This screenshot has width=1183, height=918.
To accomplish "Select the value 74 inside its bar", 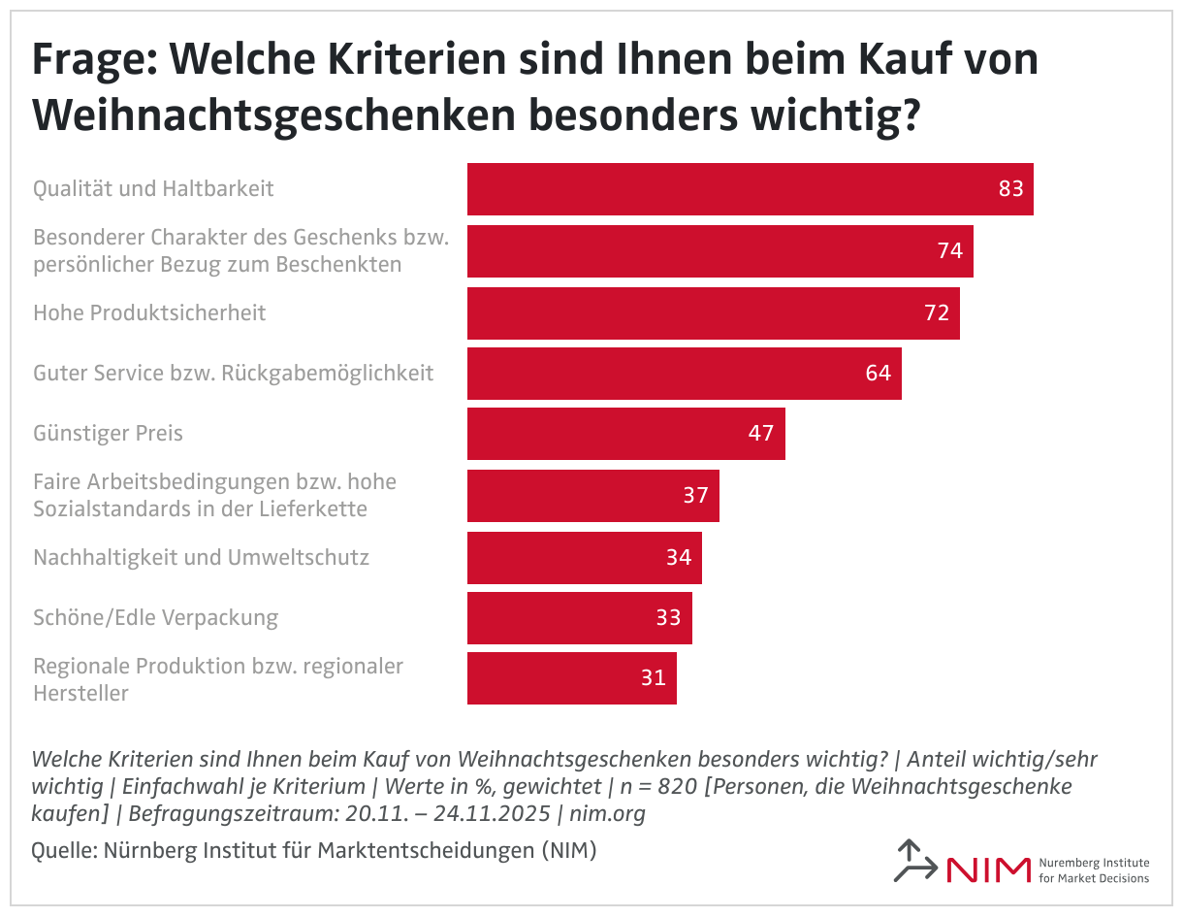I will (x=949, y=250).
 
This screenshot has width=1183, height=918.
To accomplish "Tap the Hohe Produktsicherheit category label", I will (x=149, y=312).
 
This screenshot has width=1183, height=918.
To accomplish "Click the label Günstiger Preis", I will (x=108, y=433).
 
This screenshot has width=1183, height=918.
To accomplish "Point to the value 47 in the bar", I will (x=761, y=433).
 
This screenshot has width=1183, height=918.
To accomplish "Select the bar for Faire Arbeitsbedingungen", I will (x=592, y=496).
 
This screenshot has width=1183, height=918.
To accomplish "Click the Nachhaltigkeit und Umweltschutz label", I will (x=201, y=557).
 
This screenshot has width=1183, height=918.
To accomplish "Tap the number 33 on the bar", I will (x=668, y=617).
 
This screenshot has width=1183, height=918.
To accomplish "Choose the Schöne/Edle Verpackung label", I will (x=155, y=617).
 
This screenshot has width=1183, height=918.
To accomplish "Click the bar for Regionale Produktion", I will (x=571, y=678).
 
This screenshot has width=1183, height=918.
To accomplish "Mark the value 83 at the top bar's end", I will (x=1010, y=188).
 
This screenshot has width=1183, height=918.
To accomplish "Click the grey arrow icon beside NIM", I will (x=912, y=861).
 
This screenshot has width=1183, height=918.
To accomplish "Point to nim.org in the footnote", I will (x=609, y=813).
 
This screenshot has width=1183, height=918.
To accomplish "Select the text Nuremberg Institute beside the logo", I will (x=1093, y=863).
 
